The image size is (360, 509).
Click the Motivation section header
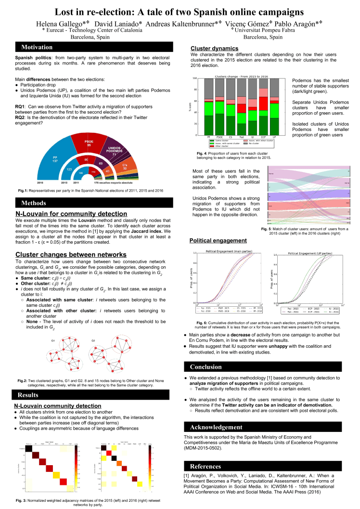(37, 47)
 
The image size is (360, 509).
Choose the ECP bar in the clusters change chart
(263, 111)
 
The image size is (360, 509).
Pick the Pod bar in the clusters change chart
(242, 111)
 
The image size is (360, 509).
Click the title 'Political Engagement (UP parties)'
(308, 252)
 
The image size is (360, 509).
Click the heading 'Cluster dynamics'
(214, 48)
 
